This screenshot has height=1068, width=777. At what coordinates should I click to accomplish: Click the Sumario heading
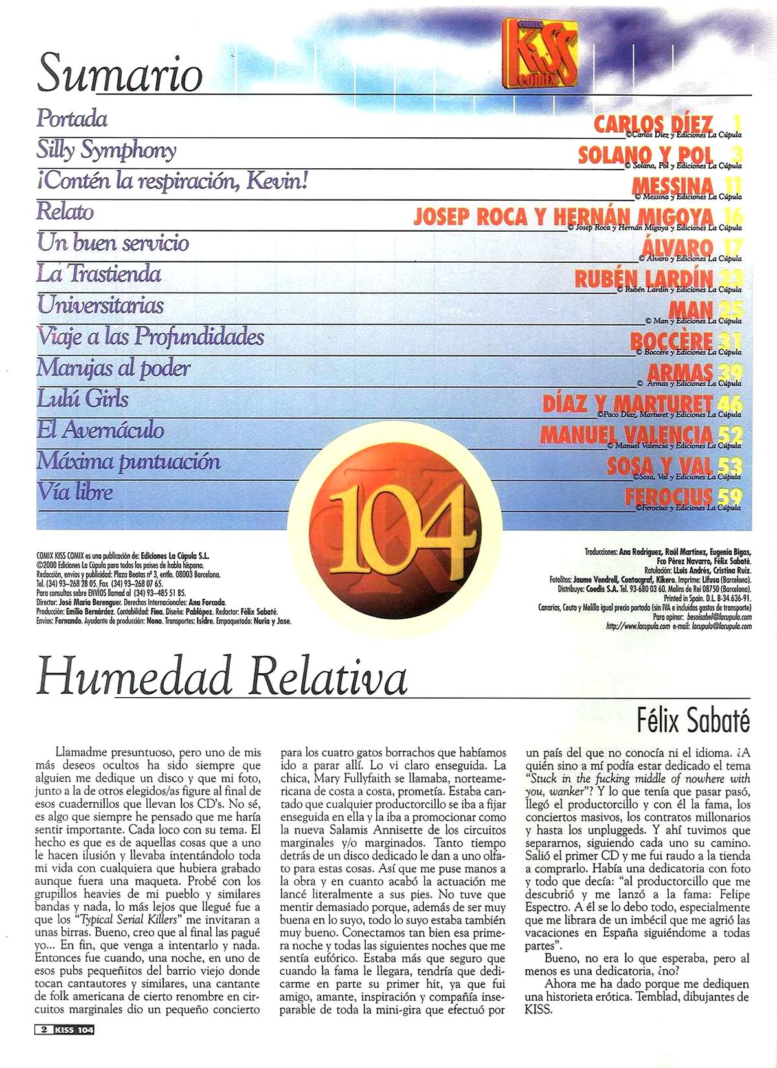click(x=120, y=73)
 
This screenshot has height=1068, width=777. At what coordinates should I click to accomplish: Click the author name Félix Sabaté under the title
click(x=693, y=721)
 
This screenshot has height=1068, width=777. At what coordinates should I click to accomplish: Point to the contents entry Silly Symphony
click(x=106, y=150)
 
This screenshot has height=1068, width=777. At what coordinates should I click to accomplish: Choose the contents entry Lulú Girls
click(x=83, y=399)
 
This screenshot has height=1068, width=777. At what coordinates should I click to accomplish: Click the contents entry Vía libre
click(x=75, y=492)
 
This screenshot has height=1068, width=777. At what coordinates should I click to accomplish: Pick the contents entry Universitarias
click(x=100, y=305)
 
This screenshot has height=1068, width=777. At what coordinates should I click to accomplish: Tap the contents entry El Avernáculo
click(x=100, y=430)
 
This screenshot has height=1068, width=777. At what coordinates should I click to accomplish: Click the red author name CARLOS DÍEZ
click(x=653, y=123)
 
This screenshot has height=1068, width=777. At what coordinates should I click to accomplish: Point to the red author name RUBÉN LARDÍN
click(x=644, y=278)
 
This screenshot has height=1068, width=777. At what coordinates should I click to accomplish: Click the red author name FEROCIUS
click(x=668, y=496)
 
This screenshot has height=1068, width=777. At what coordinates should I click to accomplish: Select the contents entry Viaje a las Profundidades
click(x=151, y=337)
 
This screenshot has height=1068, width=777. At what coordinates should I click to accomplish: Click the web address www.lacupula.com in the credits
click(x=633, y=627)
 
